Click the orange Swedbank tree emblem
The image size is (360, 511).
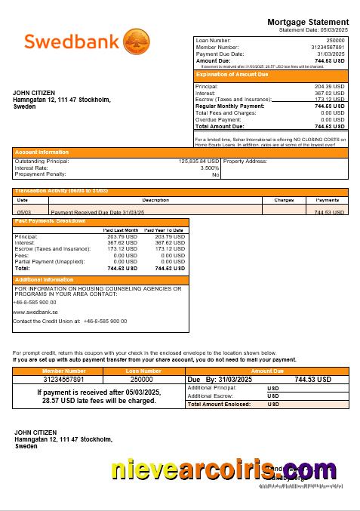tap(137, 42)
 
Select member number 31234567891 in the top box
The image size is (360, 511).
tap(328, 47)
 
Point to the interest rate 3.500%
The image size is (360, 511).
tap(209, 168)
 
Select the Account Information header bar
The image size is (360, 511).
tap(42, 152)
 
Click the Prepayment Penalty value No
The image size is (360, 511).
tap(215, 174)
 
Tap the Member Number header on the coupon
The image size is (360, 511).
tap(64, 371)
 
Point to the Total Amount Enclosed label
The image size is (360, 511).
tap(219, 405)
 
